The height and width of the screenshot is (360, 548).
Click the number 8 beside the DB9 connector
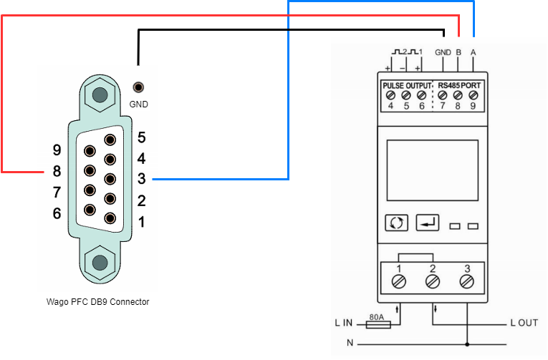pyautogui.click(x=57, y=171)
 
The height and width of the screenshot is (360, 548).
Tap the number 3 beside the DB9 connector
pyautogui.click(x=142, y=179)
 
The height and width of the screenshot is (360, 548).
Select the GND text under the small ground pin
pyautogui.click(x=139, y=104)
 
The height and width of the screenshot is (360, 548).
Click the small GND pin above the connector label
pyautogui.click(x=138, y=87)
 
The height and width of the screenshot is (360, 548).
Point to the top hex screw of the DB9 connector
pyautogui.click(x=100, y=94)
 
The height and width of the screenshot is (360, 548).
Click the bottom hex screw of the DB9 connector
pyautogui.click(x=100, y=263)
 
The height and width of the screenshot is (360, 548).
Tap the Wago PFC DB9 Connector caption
pyautogui.click(x=98, y=302)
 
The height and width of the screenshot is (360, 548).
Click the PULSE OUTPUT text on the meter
pyautogui.click(x=407, y=86)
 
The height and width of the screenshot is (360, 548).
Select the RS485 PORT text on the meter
pyautogui.click(x=459, y=86)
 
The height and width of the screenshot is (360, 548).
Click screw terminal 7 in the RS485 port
pyautogui.click(x=443, y=95)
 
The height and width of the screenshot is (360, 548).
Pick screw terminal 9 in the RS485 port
pyautogui.click(x=474, y=95)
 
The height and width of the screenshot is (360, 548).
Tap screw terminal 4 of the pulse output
pyautogui.click(x=390, y=95)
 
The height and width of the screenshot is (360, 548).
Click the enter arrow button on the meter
pyautogui.click(x=428, y=223)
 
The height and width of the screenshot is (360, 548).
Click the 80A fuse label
pyautogui.click(x=376, y=317)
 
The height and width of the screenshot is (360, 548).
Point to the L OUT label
pyautogui.click(x=524, y=323)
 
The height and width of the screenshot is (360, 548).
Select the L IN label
pyautogui.click(x=344, y=323)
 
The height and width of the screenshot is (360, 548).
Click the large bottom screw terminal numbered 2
pyautogui.click(x=433, y=281)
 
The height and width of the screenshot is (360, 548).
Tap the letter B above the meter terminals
pyautogui.click(x=458, y=52)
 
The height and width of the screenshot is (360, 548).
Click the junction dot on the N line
pyautogui.click(x=467, y=345)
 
